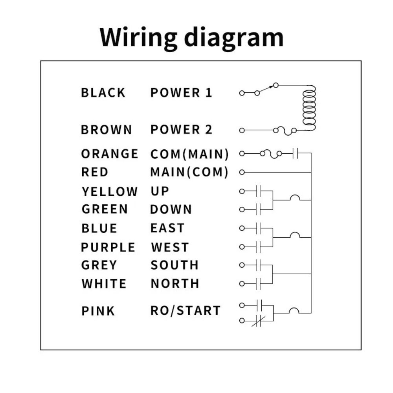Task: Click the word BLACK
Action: coord(103,92)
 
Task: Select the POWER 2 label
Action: coord(181,130)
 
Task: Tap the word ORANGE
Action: coord(110,154)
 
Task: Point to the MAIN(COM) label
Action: coord(189,172)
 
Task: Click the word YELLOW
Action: coord(110,191)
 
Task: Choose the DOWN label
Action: coord(171,209)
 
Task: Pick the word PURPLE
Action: coord(108,247)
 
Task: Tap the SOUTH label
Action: coord(174,265)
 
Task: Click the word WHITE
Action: coord(104,284)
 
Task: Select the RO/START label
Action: coord(185,310)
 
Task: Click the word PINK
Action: coord(98,311)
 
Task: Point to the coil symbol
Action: coord(309,108)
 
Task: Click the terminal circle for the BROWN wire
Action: coord(242,130)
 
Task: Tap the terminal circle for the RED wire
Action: coord(242,172)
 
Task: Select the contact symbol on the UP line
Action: coord(259,191)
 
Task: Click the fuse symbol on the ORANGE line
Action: coord(271,154)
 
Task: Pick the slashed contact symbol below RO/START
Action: coord(259,321)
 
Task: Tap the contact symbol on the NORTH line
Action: coord(259,284)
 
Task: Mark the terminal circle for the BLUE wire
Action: coord(242,228)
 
